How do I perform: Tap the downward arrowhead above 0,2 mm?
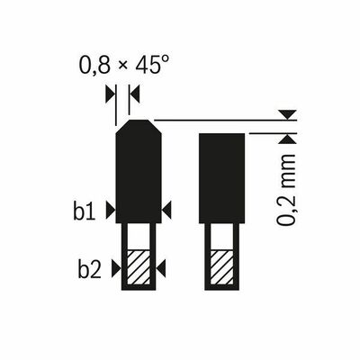[x=287, y=114]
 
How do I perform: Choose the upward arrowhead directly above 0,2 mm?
[x=287, y=138]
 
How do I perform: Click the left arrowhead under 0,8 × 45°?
[x=110, y=93]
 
